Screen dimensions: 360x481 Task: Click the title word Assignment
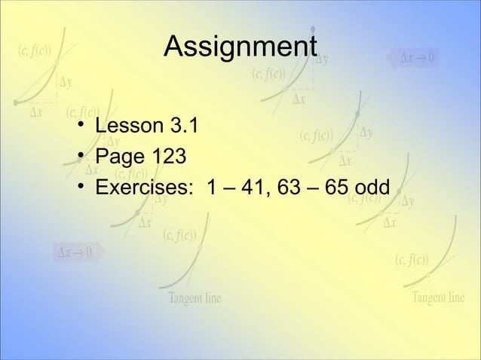(240, 47)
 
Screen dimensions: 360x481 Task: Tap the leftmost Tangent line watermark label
(195, 298)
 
